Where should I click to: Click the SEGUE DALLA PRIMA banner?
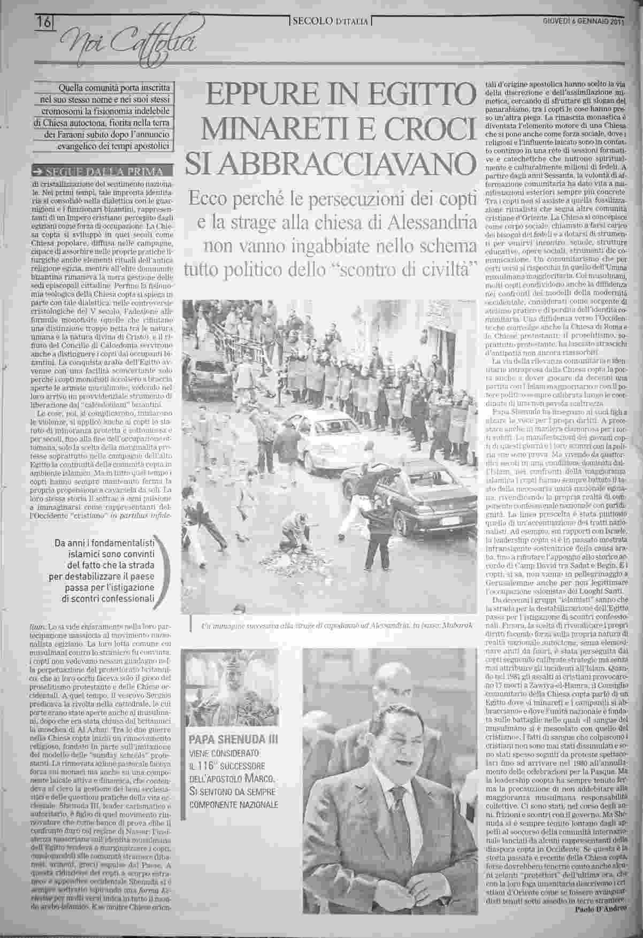tap(103, 172)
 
